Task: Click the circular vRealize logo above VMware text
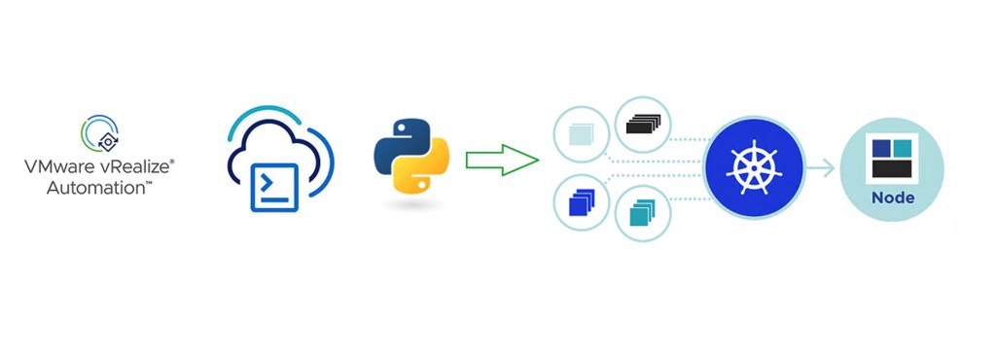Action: pos(99,134)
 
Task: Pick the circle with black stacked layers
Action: pos(643,125)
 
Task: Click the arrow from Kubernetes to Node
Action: pos(821,168)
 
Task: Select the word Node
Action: pos(892,198)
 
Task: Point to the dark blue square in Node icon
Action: pos(881,149)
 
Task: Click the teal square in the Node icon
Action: pos(903,148)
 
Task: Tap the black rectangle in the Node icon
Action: pos(892,168)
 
